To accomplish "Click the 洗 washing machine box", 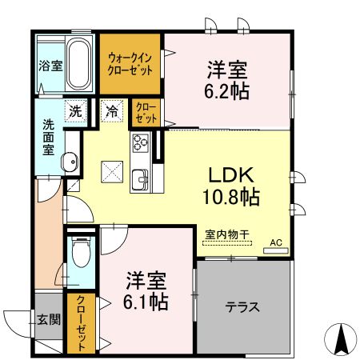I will pos(74,111).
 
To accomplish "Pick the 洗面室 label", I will pos(49,138).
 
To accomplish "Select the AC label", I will pos(275,242).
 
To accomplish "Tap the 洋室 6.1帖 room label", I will pos(146,291).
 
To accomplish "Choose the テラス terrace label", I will pos(242,306).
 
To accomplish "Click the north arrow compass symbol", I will pos(342,338).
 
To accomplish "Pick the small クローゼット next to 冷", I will pos(146,111).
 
